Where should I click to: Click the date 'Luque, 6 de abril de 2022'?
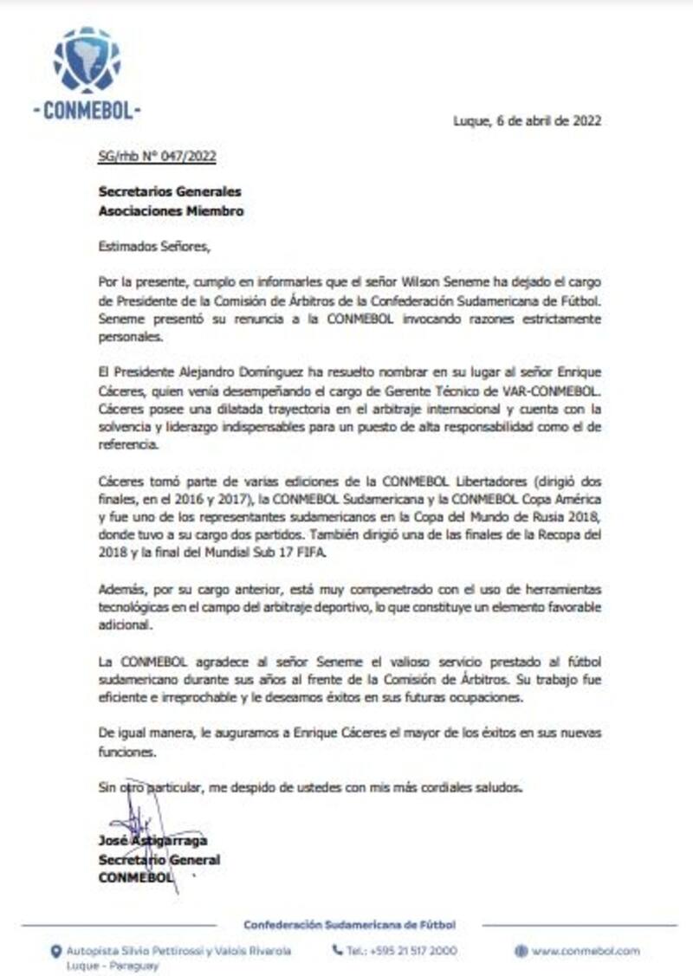click(527, 121)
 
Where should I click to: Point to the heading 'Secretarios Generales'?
click(170, 192)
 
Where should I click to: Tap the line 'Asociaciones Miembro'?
click(171, 210)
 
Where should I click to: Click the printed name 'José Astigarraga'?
click(152, 841)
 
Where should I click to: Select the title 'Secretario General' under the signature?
click(159, 860)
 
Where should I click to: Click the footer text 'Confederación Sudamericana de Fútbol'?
click(349, 925)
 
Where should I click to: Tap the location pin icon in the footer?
click(55, 951)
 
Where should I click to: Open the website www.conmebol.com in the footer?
click(586, 951)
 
